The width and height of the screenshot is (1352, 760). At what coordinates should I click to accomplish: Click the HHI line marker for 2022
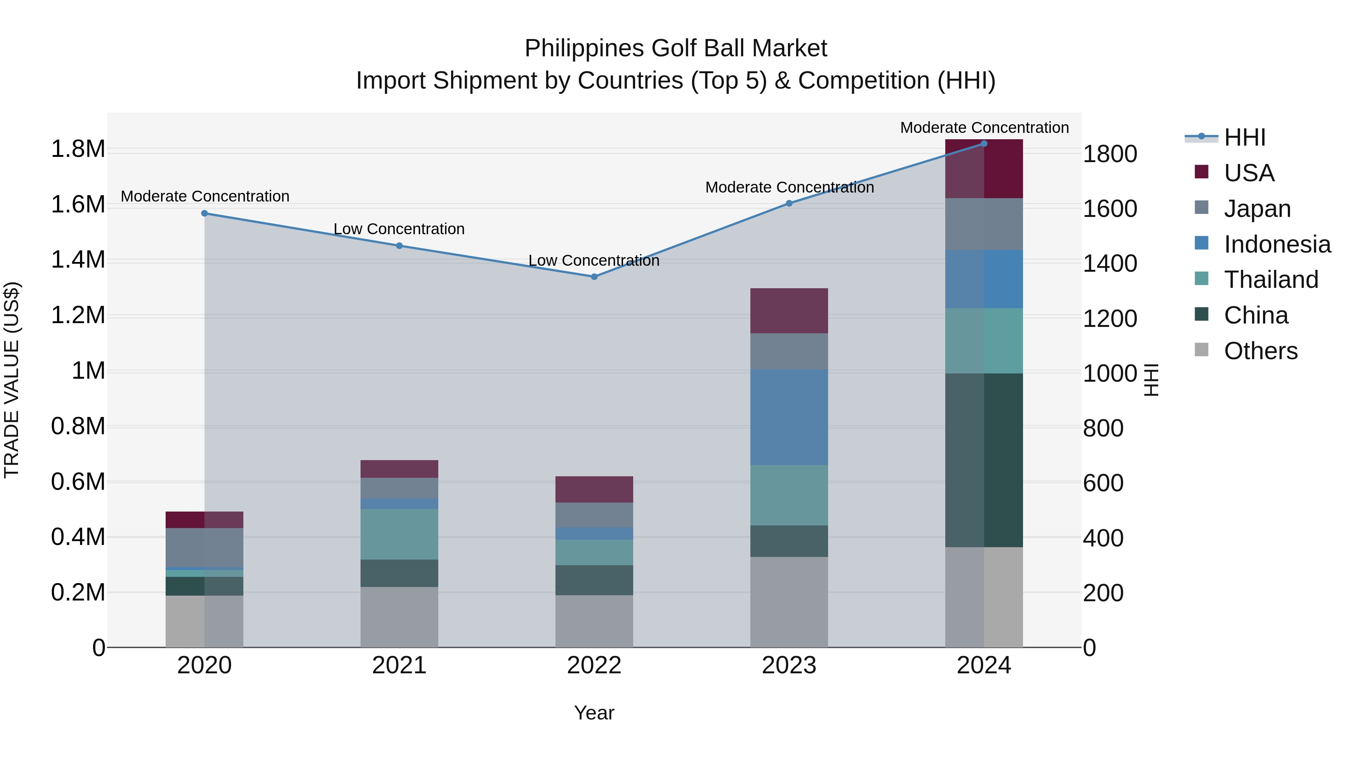pyautogui.click(x=594, y=276)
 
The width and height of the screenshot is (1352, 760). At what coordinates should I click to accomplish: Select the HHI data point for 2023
pyautogui.click(x=789, y=203)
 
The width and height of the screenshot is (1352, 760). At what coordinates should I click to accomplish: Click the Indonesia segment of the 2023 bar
pyautogui.click(x=789, y=417)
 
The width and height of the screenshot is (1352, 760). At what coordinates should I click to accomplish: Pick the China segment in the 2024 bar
pyautogui.click(x=984, y=460)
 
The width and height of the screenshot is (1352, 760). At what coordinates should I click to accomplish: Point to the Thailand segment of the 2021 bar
pyautogui.click(x=400, y=534)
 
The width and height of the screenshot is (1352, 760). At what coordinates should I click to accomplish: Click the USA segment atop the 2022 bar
pyautogui.click(x=594, y=489)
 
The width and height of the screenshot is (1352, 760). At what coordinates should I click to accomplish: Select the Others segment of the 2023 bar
pyautogui.click(x=789, y=602)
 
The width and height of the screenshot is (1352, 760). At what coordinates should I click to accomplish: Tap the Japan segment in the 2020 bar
pyautogui.click(x=205, y=548)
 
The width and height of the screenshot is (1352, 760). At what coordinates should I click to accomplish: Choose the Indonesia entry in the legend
pyautogui.click(x=1277, y=244)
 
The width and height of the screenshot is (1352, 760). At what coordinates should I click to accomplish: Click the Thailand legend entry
pyautogui.click(x=1271, y=280)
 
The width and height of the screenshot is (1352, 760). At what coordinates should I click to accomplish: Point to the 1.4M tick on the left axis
pyautogui.click(x=78, y=260)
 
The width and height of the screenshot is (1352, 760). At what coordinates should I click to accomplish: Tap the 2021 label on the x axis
pyautogui.click(x=400, y=665)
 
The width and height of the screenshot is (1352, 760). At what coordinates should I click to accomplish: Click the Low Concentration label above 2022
pyautogui.click(x=594, y=260)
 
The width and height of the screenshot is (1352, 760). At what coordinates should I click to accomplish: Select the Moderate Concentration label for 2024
pyautogui.click(x=984, y=128)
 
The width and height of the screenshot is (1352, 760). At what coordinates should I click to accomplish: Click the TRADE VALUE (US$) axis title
pyautogui.click(x=12, y=380)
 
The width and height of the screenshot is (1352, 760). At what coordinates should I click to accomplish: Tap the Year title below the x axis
pyautogui.click(x=594, y=713)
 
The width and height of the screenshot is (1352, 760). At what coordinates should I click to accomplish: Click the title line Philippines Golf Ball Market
pyautogui.click(x=676, y=48)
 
